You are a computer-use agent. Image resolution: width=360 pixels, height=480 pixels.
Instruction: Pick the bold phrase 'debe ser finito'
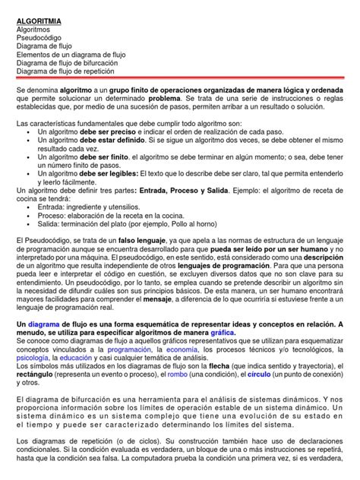tap(102, 159)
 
